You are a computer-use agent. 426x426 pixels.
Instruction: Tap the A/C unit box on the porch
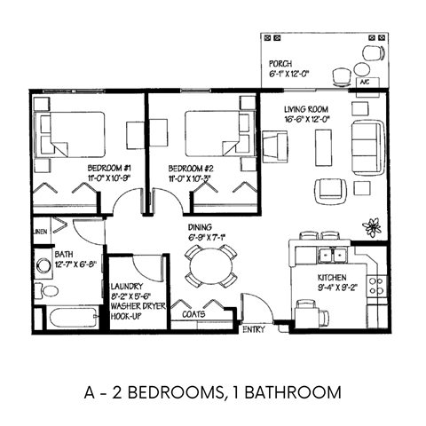click(364, 82)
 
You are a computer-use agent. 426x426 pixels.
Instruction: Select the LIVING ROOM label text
click(306, 108)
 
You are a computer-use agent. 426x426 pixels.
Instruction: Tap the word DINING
click(200, 227)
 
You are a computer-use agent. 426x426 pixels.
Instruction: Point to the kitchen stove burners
click(376, 286)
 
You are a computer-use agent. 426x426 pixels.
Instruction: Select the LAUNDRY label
click(129, 287)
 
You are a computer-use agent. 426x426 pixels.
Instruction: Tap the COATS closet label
click(195, 313)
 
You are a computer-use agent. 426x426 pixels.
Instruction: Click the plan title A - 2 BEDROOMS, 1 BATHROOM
click(213, 391)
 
